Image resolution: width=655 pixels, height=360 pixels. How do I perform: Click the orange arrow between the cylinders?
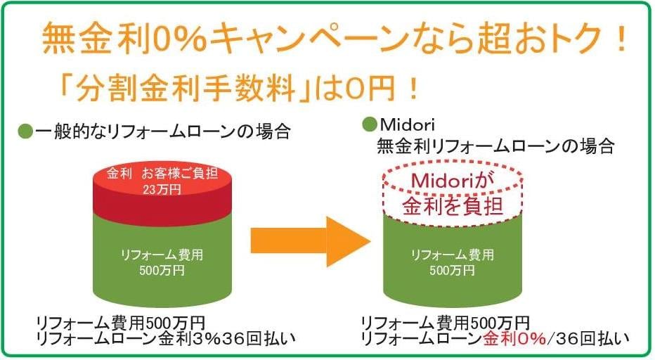pyautogui.click(x=310, y=241)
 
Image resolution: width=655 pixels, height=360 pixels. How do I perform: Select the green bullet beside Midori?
pyautogui.click(x=370, y=124)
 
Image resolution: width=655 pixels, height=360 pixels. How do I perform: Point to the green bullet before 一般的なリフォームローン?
pyautogui.click(x=25, y=132)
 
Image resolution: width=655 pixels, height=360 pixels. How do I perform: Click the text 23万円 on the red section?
pyautogui.click(x=162, y=189)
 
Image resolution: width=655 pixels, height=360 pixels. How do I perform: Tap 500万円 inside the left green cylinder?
pyautogui.click(x=162, y=270)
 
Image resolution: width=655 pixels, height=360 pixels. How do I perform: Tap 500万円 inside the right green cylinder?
pyautogui.click(x=453, y=270)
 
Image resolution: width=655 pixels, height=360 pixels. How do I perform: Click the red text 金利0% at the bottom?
pyautogui.click(x=514, y=338)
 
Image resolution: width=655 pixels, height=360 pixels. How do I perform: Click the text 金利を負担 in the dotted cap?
pyautogui.click(x=453, y=207)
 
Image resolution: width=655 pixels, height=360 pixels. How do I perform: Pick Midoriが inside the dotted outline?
pyautogui.click(x=453, y=181)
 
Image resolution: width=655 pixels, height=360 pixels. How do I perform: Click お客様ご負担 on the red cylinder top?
pyautogui.click(x=180, y=173)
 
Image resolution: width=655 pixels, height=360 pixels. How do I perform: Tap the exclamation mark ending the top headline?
pyautogui.click(x=621, y=39)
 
